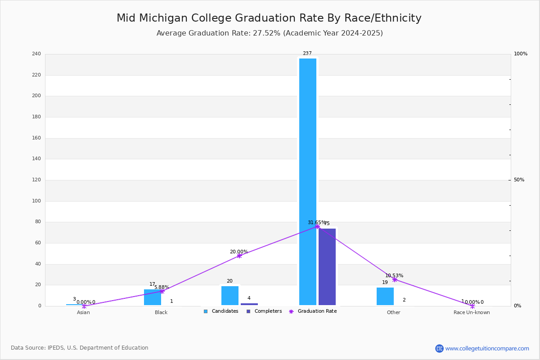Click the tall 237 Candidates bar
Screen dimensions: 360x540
click(x=308, y=180)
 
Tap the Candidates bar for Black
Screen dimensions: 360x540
click(x=152, y=297)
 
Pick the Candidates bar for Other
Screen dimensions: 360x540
click(x=385, y=297)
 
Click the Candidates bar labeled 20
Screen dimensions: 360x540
click(x=230, y=296)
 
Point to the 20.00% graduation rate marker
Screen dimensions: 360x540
click(x=239, y=256)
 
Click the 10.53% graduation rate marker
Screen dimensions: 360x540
click(x=395, y=279)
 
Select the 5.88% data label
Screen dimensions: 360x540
click(x=162, y=287)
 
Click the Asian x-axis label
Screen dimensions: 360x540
click(x=83, y=312)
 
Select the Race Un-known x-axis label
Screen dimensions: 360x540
click(x=472, y=312)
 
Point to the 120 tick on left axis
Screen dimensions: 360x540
click(x=36, y=180)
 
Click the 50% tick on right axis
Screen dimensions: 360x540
click(x=519, y=180)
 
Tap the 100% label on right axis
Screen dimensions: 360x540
click(x=520, y=54)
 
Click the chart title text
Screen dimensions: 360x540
click(x=269, y=18)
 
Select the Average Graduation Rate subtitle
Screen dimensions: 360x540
click(x=270, y=33)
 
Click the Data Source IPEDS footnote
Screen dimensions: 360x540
click(x=80, y=348)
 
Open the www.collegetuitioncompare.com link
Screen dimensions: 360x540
click(x=487, y=348)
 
